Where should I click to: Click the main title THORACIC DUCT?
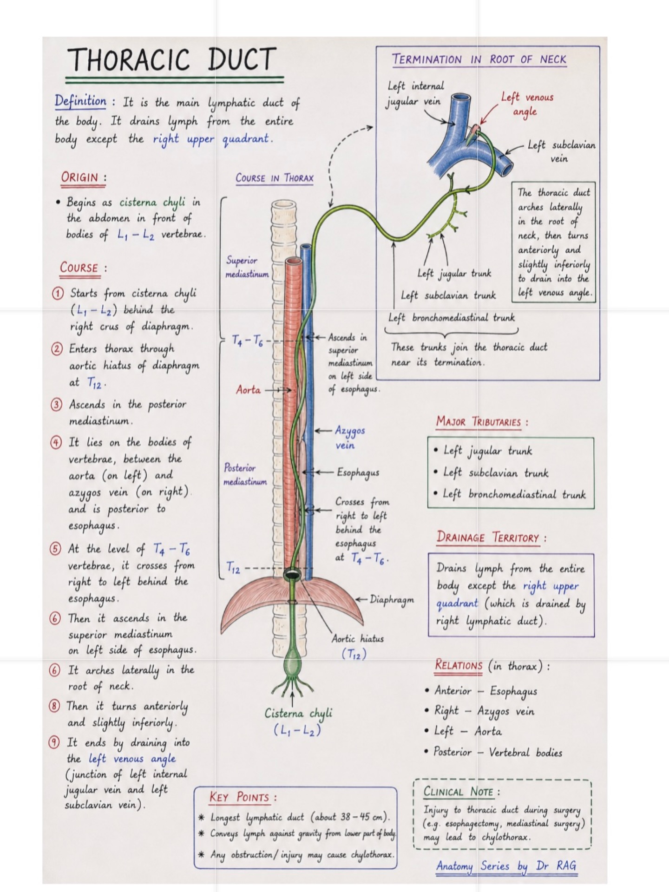click(172, 59)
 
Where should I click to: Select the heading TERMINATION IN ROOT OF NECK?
click(479, 59)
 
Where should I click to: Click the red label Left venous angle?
click(527, 104)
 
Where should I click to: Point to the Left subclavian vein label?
click(561, 151)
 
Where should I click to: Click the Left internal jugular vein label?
click(415, 93)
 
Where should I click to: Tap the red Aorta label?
click(248, 389)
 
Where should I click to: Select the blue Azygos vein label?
click(350, 438)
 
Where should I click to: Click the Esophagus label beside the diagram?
click(358, 473)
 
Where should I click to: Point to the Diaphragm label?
click(391, 599)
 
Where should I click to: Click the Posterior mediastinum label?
click(245, 474)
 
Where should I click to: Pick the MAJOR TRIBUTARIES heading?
click(482, 422)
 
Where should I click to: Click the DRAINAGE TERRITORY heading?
click(492, 538)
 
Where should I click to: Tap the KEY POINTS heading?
click(243, 797)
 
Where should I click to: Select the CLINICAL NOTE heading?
click(461, 792)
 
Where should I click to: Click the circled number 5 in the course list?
click(55, 549)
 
